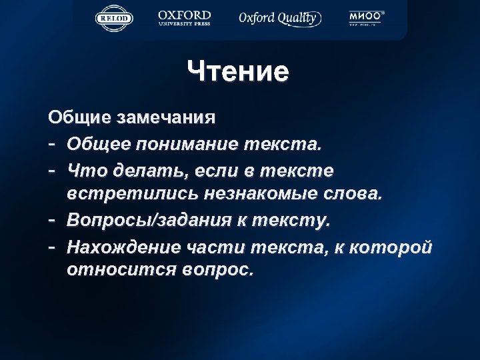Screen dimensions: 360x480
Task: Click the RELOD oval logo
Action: point(114,18)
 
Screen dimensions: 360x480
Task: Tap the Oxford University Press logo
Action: point(185,17)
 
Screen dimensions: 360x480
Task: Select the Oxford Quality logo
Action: point(280,18)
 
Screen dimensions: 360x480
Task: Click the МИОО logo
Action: point(367,19)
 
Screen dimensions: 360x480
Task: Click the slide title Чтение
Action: point(238,71)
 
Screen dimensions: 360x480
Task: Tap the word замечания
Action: point(175,118)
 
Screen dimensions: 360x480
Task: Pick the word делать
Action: point(151,171)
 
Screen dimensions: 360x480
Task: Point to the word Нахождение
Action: point(123,247)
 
